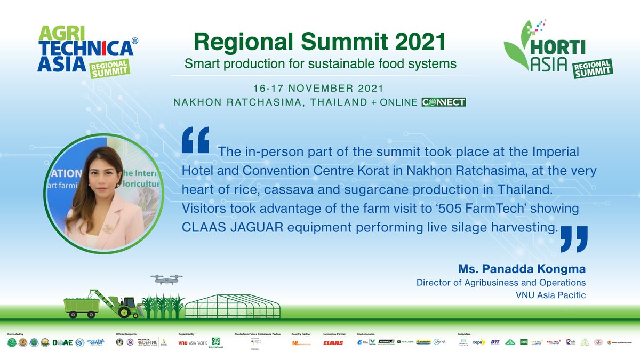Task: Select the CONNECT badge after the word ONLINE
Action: coord(443,102)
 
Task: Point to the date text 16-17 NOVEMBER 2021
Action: coord(318,87)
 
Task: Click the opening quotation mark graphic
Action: coord(195,140)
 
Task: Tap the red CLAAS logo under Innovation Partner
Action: coord(333,343)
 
